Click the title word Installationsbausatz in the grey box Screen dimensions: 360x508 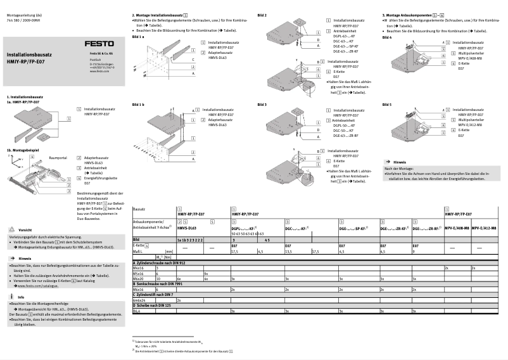point(29,55)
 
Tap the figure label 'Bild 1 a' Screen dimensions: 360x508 point(139,37)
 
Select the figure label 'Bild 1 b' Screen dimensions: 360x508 point(139,104)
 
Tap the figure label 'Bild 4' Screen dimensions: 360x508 point(387,37)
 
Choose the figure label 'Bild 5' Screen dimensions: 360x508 point(387,104)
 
